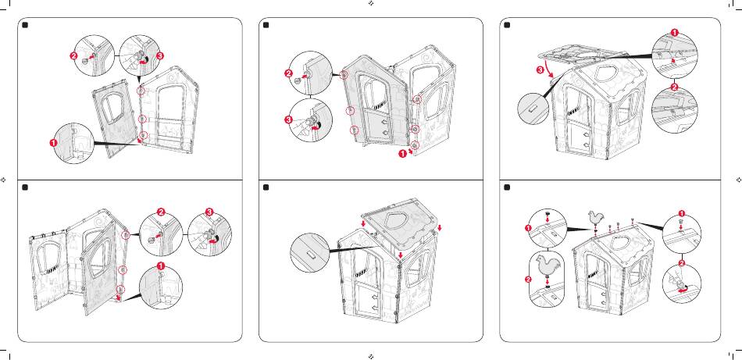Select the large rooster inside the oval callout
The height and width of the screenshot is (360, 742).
click(546, 266)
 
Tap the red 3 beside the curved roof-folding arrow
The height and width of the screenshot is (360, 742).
click(540, 70)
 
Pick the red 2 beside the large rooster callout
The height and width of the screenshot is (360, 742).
click(528, 279)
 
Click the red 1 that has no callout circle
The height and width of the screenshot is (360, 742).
click(402, 153)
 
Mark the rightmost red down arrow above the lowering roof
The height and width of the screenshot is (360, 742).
click(440, 228)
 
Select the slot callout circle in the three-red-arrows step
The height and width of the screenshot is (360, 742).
click(310, 252)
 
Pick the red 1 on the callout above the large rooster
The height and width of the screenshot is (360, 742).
click(528, 228)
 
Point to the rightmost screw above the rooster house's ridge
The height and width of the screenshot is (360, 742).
click(633, 220)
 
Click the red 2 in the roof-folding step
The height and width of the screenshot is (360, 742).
click(674, 87)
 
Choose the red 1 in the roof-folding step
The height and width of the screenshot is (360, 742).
click(674, 32)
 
